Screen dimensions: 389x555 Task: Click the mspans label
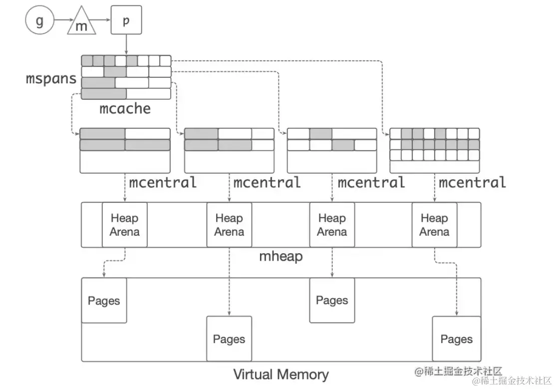click(51, 78)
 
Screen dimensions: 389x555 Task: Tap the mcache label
click(125, 108)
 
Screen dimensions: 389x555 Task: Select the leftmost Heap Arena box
click(125, 225)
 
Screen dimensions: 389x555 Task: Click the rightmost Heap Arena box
click(434, 225)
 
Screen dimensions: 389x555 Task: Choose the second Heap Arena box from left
click(229, 225)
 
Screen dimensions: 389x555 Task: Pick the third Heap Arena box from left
click(332, 225)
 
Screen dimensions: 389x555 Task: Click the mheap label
click(281, 257)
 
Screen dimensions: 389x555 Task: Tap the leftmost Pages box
click(104, 301)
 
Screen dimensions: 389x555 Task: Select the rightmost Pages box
click(456, 339)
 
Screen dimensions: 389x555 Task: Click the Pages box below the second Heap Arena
click(229, 339)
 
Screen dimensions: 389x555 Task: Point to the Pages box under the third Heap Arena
click(332, 300)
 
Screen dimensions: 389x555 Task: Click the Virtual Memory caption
click(281, 374)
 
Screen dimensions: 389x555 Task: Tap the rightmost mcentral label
click(472, 182)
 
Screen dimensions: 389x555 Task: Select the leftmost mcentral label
click(163, 182)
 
